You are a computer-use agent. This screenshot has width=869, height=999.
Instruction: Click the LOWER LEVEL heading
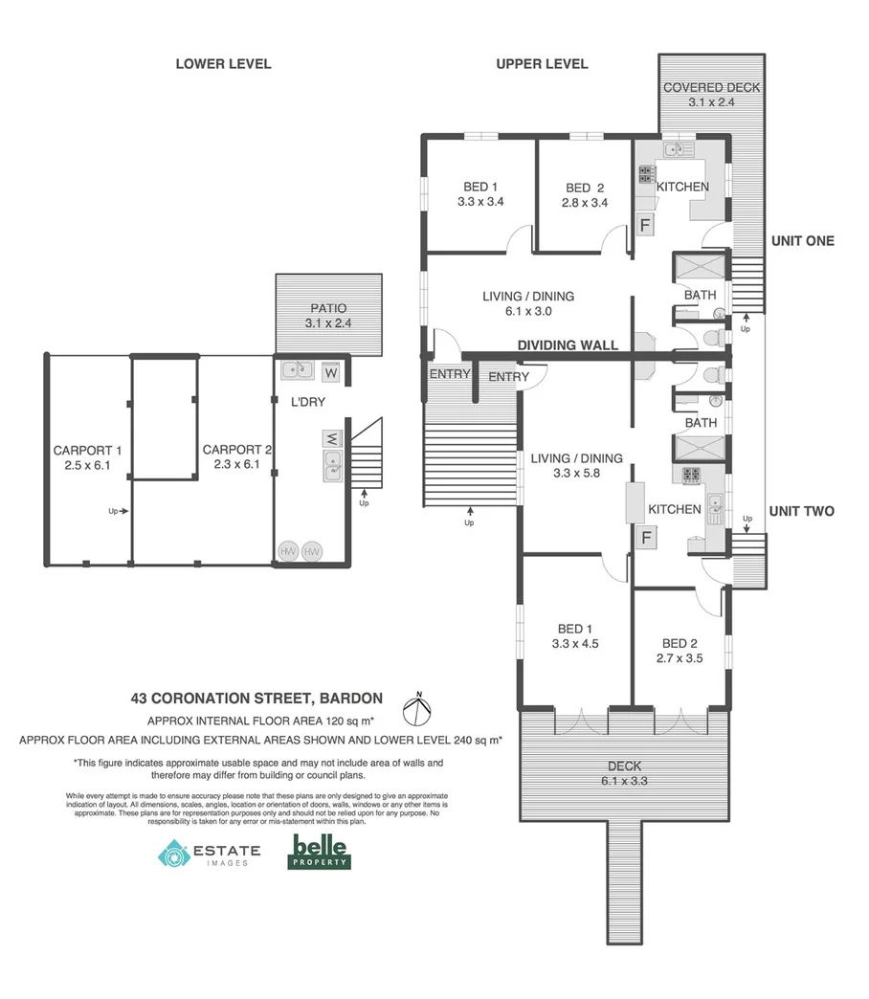(223, 64)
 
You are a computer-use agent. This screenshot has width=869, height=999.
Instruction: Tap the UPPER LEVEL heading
(542, 64)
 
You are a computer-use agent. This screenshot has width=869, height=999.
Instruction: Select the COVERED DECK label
(711, 95)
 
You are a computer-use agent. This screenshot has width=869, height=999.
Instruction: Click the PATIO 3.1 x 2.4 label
(327, 316)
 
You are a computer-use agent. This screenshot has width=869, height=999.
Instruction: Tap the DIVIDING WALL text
(568, 345)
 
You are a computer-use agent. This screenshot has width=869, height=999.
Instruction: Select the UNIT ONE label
(802, 241)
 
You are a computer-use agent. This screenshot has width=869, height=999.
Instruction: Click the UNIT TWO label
(802, 512)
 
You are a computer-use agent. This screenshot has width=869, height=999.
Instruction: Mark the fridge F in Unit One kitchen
(645, 227)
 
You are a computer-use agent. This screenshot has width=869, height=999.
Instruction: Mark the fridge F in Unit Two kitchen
(647, 537)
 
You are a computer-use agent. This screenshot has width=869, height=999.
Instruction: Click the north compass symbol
(417, 711)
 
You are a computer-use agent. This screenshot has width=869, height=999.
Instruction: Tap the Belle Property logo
(320, 851)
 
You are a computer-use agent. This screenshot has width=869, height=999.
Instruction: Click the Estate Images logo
(209, 853)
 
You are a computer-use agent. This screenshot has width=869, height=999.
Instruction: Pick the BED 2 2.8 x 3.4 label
(585, 195)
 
